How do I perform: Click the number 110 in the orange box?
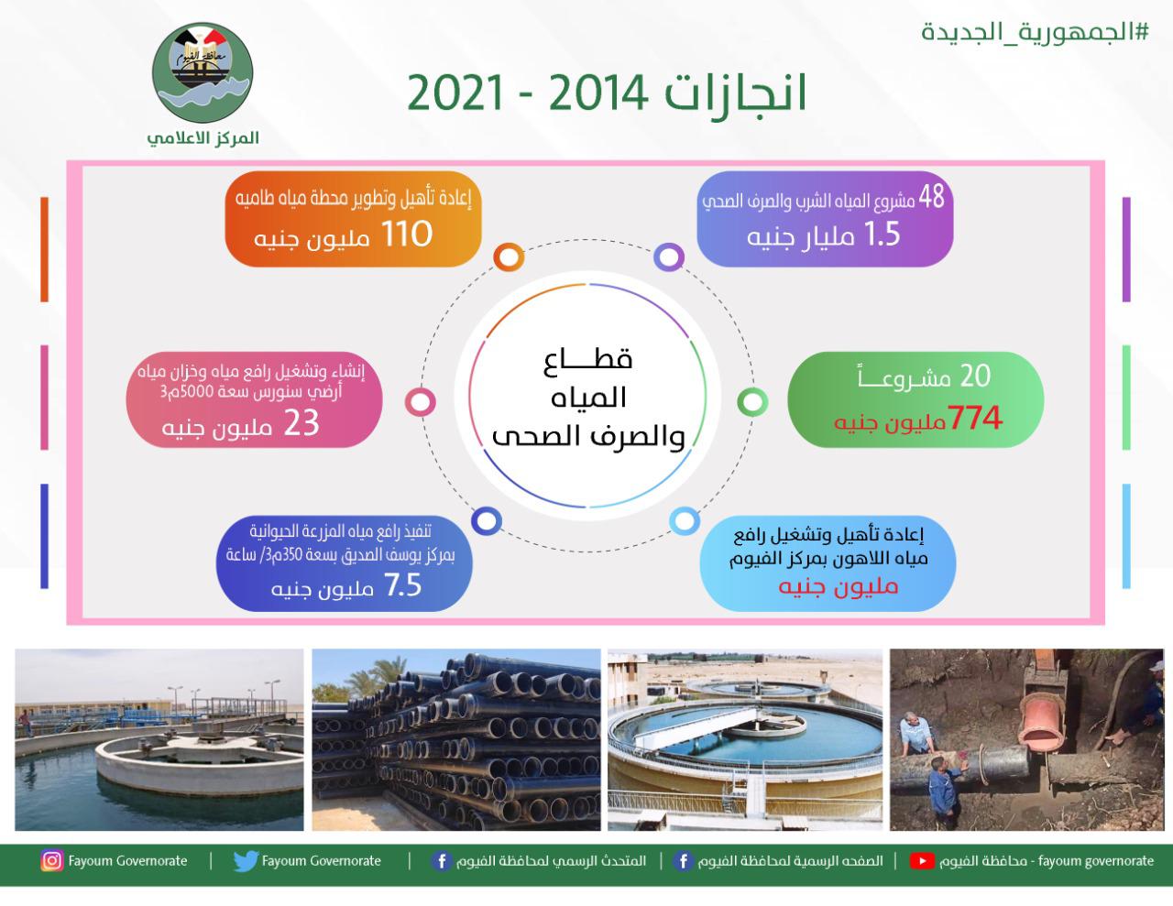[407, 235]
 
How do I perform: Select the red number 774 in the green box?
[975, 420]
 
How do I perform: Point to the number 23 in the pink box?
[301, 425]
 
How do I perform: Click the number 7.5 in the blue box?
[402, 585]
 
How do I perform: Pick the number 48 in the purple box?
[930, 196]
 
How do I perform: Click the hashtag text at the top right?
[1035, 31]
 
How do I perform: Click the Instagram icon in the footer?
[52, 861]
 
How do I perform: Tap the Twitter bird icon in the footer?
[245, 861]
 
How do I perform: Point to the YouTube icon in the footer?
[922, 861]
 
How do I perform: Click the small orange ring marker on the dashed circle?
[508, 257]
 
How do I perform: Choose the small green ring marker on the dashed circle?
[751, 401]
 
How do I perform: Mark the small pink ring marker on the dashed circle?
[420, 401]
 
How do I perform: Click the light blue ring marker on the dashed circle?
[684, 520]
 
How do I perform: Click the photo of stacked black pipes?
[455, 739]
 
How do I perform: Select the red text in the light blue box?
[839, 586]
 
